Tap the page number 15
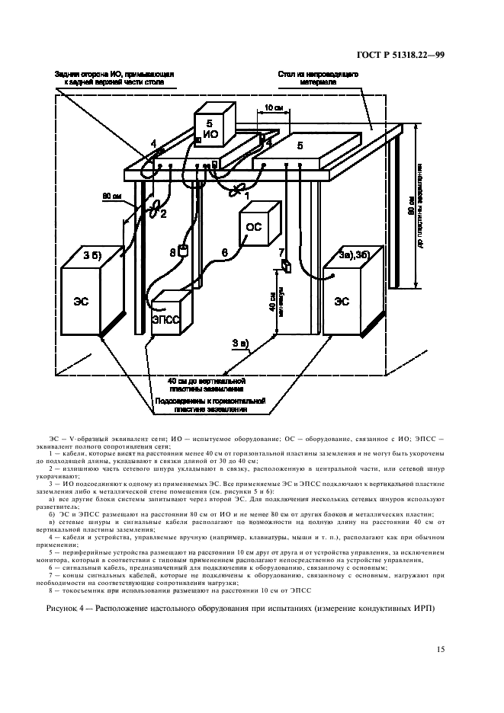tap(440, 649)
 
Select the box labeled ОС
tap(256, 225)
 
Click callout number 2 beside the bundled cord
tap(163, 214)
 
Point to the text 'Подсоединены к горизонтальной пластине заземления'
tap(209, 404)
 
